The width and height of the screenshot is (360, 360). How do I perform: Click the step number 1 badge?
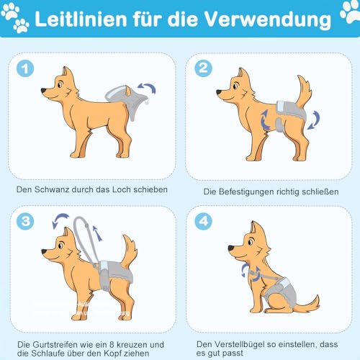[25, 69]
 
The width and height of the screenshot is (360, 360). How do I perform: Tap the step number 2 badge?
[204, 69]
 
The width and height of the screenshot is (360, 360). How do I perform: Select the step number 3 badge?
[25, 221]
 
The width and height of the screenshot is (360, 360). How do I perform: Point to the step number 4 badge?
[204, 221]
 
